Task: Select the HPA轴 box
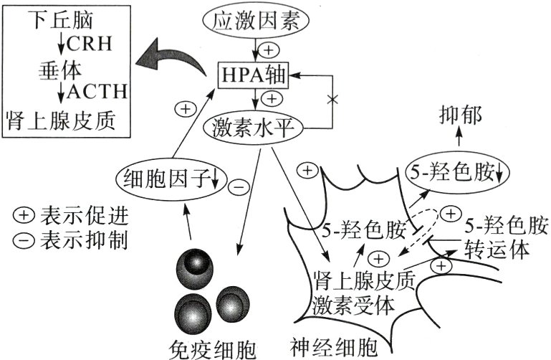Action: point(255,74)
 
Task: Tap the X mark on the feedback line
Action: point(332,97)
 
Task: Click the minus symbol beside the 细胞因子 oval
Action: point(239,188)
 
